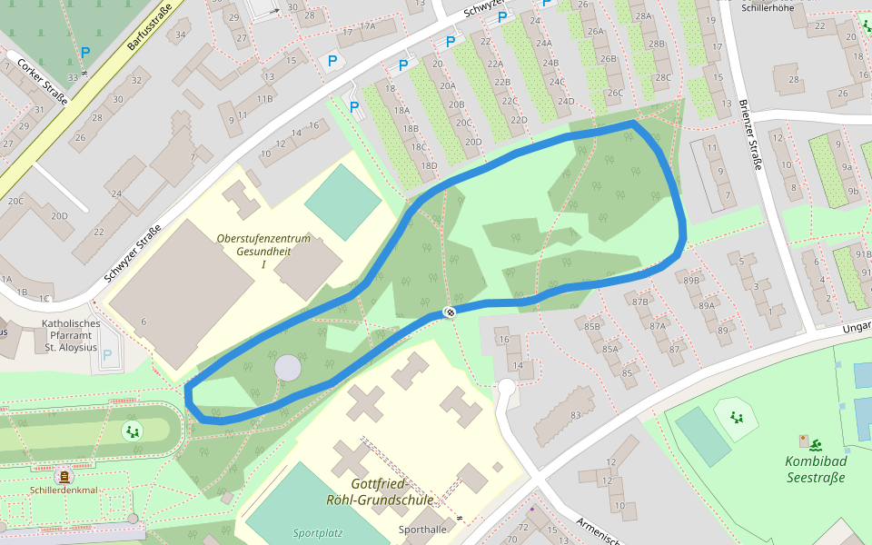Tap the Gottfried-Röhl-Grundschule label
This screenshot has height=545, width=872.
[x=379, y=491]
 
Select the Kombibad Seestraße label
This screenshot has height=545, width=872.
[x=815, y=470]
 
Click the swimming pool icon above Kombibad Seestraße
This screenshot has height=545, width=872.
[x=816, y=444]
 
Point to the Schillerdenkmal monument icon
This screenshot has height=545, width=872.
[x=64, y=475]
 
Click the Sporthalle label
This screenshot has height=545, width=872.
[x=422, y=529]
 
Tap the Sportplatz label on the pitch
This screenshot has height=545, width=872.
[x=317, y=532]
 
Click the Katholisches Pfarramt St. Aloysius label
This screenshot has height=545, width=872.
[x=71, y=335]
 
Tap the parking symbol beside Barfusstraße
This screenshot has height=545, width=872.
[x=85, y=54]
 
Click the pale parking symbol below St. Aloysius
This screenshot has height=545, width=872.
[x=108, y=356]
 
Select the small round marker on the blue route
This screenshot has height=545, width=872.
[x=449, y=312]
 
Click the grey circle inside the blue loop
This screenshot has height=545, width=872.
[x=287, y=368]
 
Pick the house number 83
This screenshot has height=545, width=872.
[x=575, y=415]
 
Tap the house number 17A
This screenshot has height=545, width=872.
[x=368, y=26]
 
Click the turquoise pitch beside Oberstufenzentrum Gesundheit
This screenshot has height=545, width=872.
[x=342, y=201]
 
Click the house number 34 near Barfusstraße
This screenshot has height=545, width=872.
[x=181, y=35]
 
